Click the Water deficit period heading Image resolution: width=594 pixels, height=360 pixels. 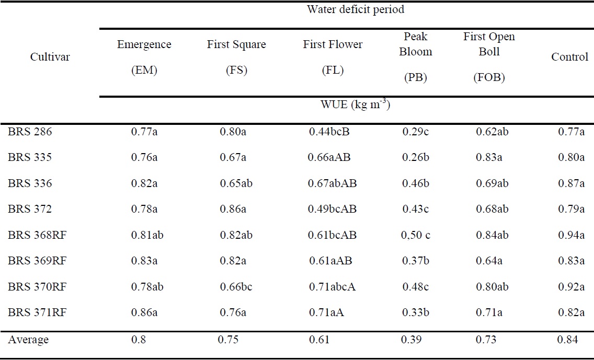(356, 9)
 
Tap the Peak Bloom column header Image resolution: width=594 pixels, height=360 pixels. (416, 44)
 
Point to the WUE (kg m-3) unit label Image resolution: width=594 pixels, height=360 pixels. (356, 104)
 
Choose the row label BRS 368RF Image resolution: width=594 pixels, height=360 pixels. (37, 235)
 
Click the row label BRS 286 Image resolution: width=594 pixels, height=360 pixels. (30, 132)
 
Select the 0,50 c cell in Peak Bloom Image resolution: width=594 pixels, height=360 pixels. (416, 235)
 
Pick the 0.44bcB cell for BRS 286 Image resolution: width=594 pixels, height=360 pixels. (329, 132)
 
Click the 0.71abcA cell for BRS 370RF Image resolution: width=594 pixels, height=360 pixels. (332, 287)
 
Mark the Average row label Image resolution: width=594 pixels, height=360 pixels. (28, 340)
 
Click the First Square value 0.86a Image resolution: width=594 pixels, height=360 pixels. (233, 209)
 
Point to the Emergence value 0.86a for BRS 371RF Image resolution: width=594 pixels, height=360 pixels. (144, 313)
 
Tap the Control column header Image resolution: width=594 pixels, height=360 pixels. (569, 57)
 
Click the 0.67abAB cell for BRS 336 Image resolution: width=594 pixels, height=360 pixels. (333, 183)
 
